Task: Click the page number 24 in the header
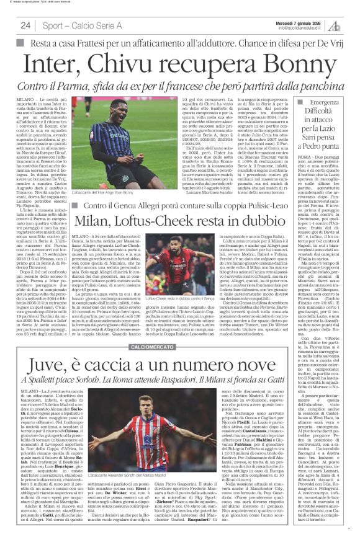pos(25,25)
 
